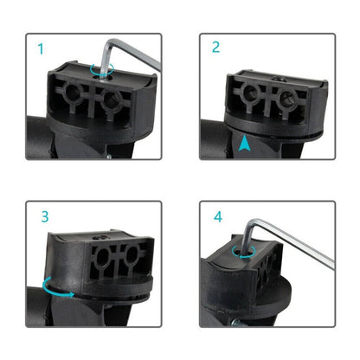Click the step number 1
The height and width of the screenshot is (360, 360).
(41, 48)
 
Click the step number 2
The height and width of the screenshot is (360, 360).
(215, 47)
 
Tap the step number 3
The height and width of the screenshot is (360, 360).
(45, 216)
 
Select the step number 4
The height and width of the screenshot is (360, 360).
(218, 217)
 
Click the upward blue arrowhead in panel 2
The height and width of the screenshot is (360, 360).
(244, 144)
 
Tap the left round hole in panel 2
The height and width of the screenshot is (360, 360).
(250, 92)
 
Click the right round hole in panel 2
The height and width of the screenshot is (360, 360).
(286, 98)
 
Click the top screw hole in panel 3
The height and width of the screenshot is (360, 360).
(101, 238)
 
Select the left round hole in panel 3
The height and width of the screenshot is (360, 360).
(103, 257)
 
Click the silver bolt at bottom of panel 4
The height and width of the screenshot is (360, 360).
(239, 323)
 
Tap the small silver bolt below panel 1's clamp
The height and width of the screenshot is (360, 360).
(109, 157)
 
